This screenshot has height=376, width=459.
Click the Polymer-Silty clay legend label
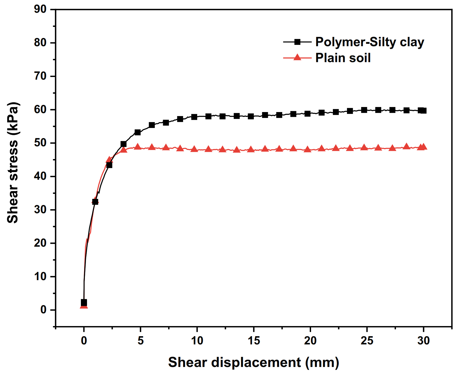tap(369, 42)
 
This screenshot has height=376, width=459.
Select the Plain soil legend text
tap(343, 58)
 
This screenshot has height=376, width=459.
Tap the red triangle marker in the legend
tap(297, 57)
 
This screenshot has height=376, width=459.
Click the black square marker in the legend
tap(297, 42)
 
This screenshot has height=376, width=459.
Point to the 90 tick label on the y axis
tap(40, 9)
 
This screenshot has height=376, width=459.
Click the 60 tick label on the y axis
tap(40, 109)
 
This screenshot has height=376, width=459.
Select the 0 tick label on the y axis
tap(43, 310)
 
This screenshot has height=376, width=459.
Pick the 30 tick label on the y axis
tap(40, 210)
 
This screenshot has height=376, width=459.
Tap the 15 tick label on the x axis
tap(254, 341)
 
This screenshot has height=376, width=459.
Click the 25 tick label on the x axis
tap(367, 341)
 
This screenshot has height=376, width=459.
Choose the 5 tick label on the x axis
tap(140, 341)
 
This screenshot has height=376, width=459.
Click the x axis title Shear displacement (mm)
tap(254, 362)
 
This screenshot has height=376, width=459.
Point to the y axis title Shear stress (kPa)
tap(13, 162)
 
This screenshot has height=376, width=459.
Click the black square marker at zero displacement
tap(84, 302)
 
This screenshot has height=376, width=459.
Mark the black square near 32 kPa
tap(95, 202)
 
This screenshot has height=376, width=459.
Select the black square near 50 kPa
tap(123, 144)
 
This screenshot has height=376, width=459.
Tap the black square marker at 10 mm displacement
tap(194, 117)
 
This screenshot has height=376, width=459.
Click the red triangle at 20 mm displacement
tap(308, 149)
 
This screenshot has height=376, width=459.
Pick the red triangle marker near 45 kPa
tap(109, 160)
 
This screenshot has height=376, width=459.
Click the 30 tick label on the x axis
tap(423, 341)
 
